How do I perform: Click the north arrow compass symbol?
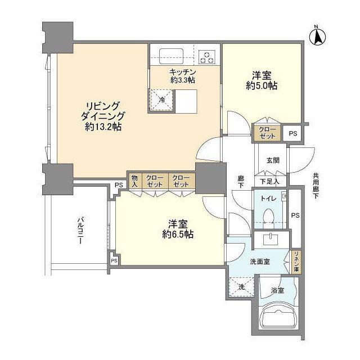(x=318, y=37)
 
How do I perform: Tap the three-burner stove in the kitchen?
(x=207, y=57)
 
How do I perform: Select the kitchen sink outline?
(x=172, y=56)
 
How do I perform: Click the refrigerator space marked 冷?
(x=161, y=100)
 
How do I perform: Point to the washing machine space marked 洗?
(x=241, y=287)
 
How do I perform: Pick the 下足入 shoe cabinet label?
(x=269, y=182)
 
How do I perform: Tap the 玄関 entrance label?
(x=273, y=160)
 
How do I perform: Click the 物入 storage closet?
(x=135, y=181)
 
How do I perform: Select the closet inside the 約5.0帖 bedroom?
(x=268, y=133)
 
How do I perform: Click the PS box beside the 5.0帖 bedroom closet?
(x=292, y=133)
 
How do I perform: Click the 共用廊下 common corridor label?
(x=316, y=186)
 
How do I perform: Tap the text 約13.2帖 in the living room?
(x=103, y=127)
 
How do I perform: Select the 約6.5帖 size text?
(x=178, y=234)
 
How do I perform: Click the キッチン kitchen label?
(x=182, y=72)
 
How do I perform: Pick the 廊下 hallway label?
(x=241, y=181)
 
